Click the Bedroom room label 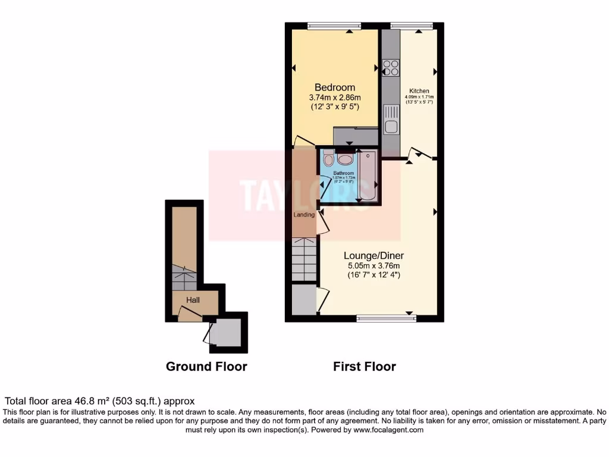(335, 87)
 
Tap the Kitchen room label (419, 91)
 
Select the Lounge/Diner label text (373, 255)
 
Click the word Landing (304, 215)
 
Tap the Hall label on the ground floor (193, 301)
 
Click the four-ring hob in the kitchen (391, 68)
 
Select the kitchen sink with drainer (391, 119)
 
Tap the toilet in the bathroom (329, 158)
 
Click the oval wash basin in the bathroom (344, 159)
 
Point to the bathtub (368, 176)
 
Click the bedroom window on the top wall (334, 25)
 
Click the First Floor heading (364, 367)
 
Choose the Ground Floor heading (206, 367)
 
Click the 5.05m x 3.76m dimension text (373, 265)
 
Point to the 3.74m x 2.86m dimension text (335, 98)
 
